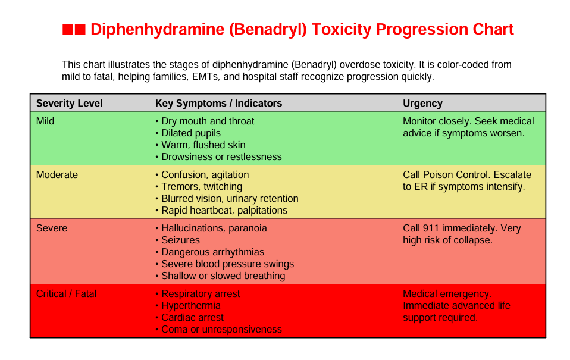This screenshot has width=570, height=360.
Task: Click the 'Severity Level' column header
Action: click(69, 103)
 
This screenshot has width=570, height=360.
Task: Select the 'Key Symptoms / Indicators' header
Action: click(218, 103)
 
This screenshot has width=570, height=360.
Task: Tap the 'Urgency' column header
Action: click(422, 103)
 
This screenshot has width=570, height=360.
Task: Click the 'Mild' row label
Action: click(45, 121)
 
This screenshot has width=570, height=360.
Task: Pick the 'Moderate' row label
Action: click(57, 174)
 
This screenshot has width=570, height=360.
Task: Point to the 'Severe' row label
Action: click(52, 228)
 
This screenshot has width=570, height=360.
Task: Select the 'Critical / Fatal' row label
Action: click(66, 293)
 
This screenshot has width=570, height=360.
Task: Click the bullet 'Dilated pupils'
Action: click(190, 133)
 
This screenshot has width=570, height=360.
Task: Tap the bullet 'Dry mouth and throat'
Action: click(207, 121)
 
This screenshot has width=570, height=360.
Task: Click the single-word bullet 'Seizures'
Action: click(180, 240)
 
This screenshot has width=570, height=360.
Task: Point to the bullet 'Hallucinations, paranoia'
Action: click(214, 228)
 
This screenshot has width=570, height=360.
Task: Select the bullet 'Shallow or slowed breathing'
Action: click(223, 276)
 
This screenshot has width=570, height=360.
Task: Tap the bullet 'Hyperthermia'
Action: click(190, 305)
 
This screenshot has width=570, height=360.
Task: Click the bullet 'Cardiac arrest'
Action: click(192, 317)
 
